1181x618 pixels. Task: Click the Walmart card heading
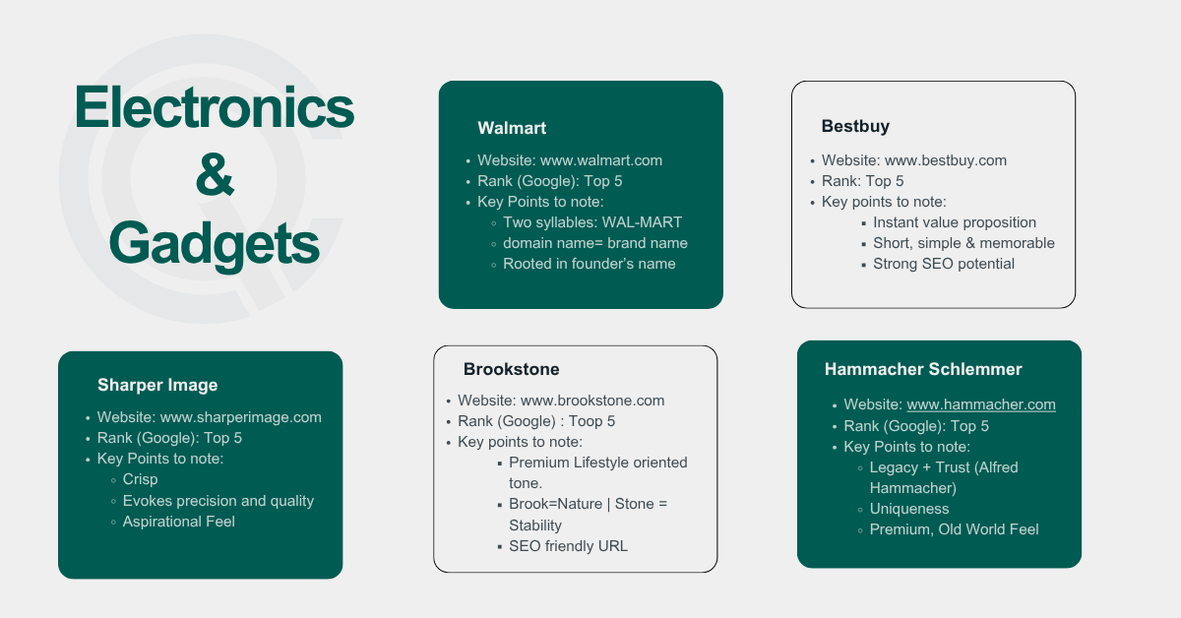[x=512, y=128]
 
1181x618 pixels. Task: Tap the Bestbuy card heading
[x=855, y=127]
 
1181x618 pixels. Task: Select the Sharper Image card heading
[x=157, y=385]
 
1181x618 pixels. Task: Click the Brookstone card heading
[x=512, y=370]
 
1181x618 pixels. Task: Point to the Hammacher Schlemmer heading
[x=923, y=370]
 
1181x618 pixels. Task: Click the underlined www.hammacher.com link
[x=981, y=404]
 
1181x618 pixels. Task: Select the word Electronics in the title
[x=214, y=107]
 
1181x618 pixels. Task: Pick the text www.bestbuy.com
[x=946, y=160]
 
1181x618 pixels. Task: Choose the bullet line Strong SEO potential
[x=944, y=264]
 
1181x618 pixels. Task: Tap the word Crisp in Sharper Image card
[x=142, y=479]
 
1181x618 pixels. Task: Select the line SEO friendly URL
[x=568, y=546]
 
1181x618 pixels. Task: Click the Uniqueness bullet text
[x=909, y=509]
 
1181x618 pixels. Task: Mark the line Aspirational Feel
[x=179, y=522]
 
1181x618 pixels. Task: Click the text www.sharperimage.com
[x=241, y=417]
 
